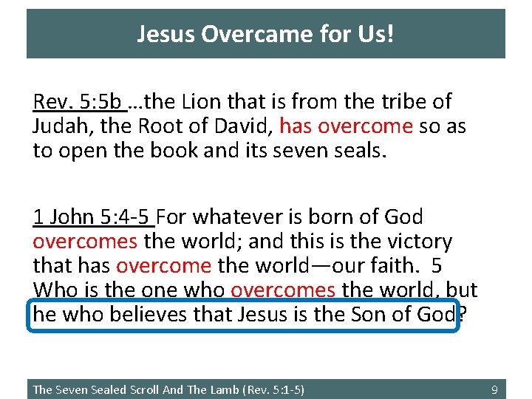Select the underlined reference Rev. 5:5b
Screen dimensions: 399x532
[80, 102]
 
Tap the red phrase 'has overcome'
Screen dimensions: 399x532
[346, 126]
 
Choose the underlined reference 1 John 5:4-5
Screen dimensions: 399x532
[93, 217]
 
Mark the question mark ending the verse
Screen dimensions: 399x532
[462, 314]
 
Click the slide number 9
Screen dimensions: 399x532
[494, 389]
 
